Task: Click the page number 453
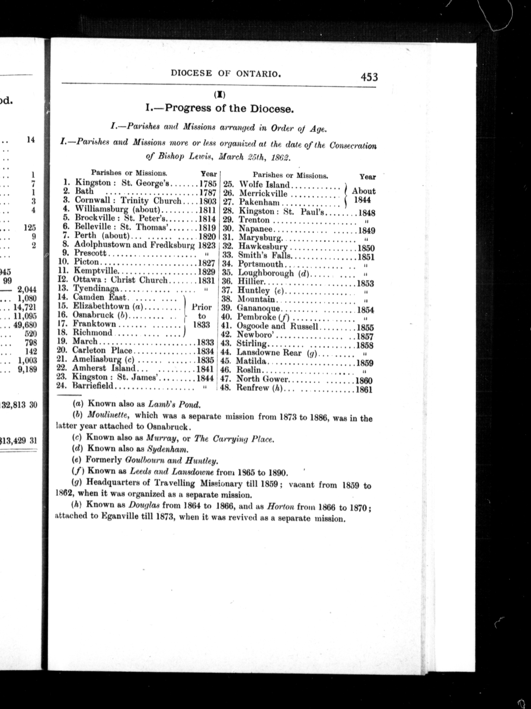pyautogui.click(x=369, y=77)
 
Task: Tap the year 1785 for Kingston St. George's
pyautogui.click(x=208, y=184)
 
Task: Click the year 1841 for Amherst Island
pyautogui.click(x=206, y=369)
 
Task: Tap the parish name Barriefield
pyautogui.click(x=93, y=386)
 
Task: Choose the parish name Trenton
pyautogui.click(x=254, y=220)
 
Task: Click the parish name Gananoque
pyautogui.click(x=258, y=309)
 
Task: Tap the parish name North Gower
pyautogui.click(x=262, y=380)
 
